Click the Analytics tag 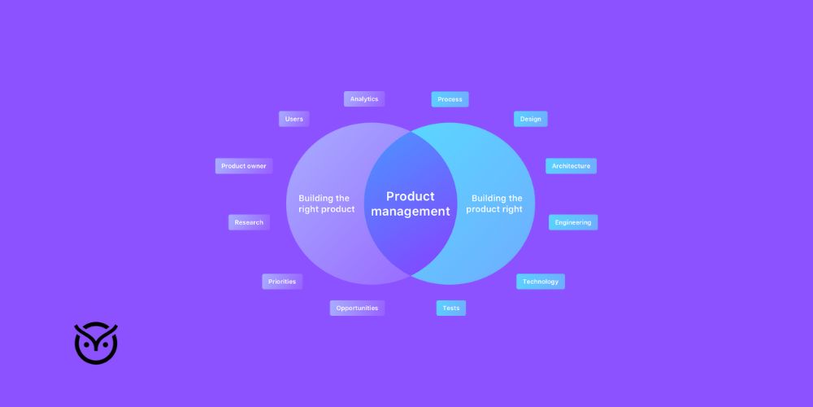(x=364, y=99)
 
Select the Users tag (x=293, y=119)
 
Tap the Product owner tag (x=244, y=166)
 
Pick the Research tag (x=249, y=222)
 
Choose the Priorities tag (x=282, y=282)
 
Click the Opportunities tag (x=357, y=309)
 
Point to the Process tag (x=450, y=99)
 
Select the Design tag (x=530, y=119)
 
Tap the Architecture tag (x=571, y=166)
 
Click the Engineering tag (x=573, y=222)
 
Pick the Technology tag (x=540, y=282)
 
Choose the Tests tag (x=451, y=309)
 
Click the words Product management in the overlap (x=411, y=203)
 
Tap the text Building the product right (x=495, y=203)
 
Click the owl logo (x=96, y=343)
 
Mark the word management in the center (x=411, y=212)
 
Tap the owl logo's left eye (x=87, y=344)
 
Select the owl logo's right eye (x=105, y=344)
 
